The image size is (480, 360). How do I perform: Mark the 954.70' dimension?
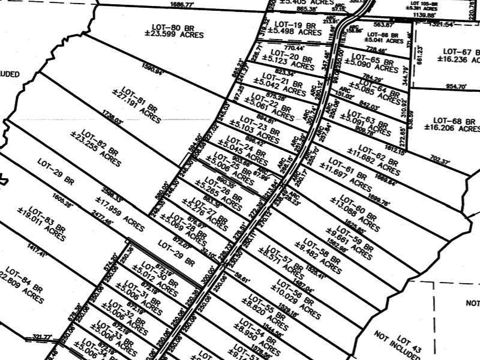(456, 86)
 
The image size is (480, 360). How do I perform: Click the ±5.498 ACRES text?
(293, 34)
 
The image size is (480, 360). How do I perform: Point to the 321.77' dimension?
(42, 337)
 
